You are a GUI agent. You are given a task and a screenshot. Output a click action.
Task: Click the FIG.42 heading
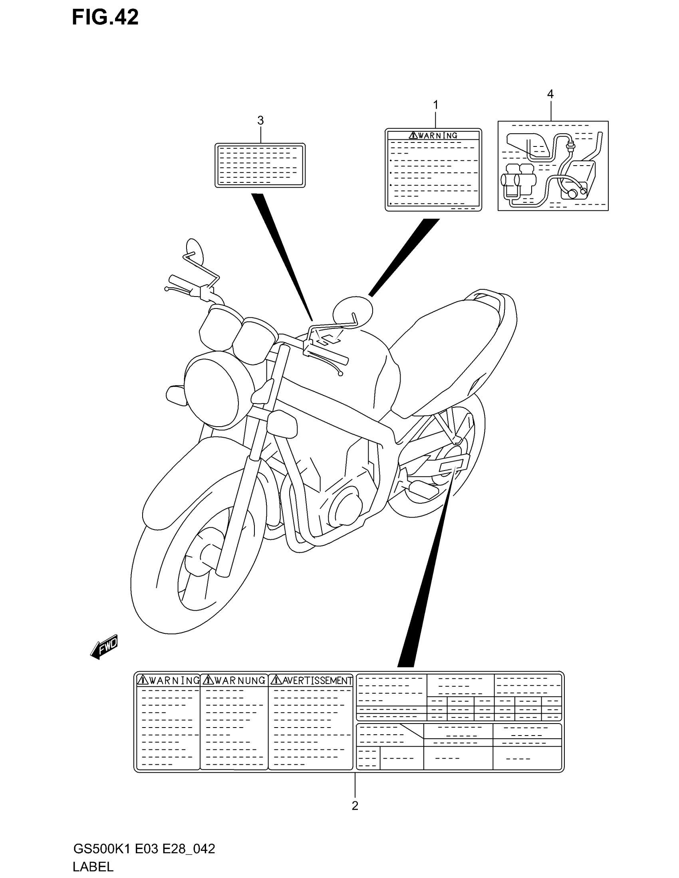tap(105, 18)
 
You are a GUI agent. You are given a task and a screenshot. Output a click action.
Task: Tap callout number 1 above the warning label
tap(435, 105)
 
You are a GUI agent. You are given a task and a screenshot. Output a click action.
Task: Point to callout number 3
tap(260, 120)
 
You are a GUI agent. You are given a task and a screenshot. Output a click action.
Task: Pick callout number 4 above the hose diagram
tap(550, 94)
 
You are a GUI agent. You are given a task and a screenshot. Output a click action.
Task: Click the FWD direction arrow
tap(104, 647)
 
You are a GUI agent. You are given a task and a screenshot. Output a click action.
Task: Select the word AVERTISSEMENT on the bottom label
tap(317, 680)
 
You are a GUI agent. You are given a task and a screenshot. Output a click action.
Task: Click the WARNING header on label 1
tap(437, 135)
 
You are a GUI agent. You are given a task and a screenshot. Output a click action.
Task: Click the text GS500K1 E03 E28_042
tap(144, 848)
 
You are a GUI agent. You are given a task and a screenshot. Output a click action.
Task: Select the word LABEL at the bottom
tap(93, 867)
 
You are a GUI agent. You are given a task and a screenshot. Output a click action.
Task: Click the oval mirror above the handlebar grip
tap(194, 251)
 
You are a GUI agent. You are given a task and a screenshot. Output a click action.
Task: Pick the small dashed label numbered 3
tap(260, 165)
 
